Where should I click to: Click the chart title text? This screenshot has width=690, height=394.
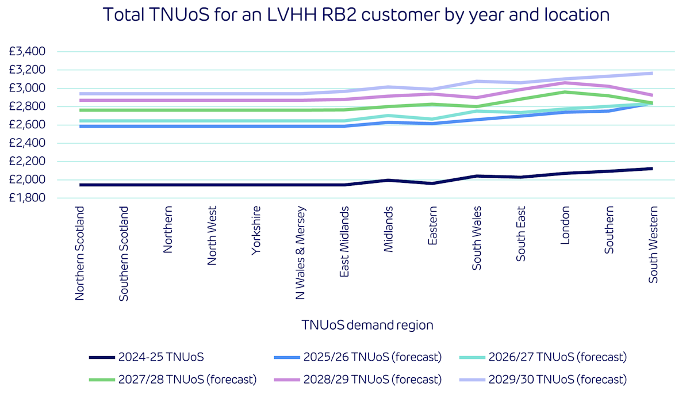356,14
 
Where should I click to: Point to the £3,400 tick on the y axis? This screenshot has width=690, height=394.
27,52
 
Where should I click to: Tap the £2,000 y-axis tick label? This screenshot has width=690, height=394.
27,179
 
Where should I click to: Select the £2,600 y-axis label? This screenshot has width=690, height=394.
27,125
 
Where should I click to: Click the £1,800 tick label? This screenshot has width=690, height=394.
27,198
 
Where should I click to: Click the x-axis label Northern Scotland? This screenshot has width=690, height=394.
80,253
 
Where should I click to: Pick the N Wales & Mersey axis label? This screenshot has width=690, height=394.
300,253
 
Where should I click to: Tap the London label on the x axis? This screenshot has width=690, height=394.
565,225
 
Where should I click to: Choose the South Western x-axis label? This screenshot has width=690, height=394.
653,244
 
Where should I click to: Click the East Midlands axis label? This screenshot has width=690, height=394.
344,242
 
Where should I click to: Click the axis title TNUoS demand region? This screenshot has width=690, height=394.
367,325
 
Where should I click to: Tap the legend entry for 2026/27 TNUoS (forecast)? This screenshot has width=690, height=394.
544,357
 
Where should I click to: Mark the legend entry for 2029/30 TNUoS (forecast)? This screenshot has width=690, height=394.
544,379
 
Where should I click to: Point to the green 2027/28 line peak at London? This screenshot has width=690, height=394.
565,92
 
